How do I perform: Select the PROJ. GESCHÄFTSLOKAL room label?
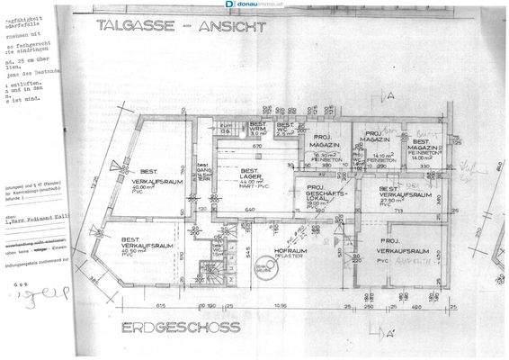click(x=323, y=195)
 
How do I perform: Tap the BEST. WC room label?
click(x=286, y=130)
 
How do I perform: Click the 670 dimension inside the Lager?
click(x=256, y=146)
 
